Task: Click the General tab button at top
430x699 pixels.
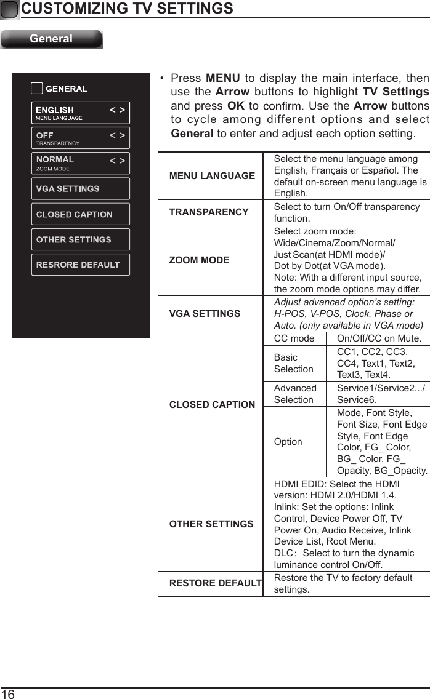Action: (x=52, y=39)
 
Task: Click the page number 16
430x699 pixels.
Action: (x=8, y=693)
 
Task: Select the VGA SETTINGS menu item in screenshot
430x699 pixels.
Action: (x=80, y=189)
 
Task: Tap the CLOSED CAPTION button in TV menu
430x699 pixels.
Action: (x=80, y=215)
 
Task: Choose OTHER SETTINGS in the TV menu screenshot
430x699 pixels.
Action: (x=80, y=240)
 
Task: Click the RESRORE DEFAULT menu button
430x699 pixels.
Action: (x=80, y=265)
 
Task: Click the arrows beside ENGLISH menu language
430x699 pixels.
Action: (x=117, y=110)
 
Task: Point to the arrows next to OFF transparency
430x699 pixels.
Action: (x=117, y=135)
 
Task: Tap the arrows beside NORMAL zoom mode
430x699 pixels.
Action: (x=117, y=161)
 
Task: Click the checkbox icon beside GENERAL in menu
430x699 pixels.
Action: (x=37, y=89)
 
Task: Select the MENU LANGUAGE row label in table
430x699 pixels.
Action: (x=212, y=176)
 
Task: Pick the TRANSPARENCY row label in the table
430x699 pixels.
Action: (x=209, y=212)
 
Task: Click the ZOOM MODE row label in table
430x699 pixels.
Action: (x=199, y=260)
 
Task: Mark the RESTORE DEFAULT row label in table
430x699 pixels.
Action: (x=215, y=583)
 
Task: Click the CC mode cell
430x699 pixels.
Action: (x=294, y=339)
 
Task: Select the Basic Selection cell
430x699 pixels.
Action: (x=293, y=363)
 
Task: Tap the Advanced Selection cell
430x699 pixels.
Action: (x=295, y=394)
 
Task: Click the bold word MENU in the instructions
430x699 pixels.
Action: (x=222, y=79)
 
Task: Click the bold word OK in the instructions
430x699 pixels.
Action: (x=235, y=106)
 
